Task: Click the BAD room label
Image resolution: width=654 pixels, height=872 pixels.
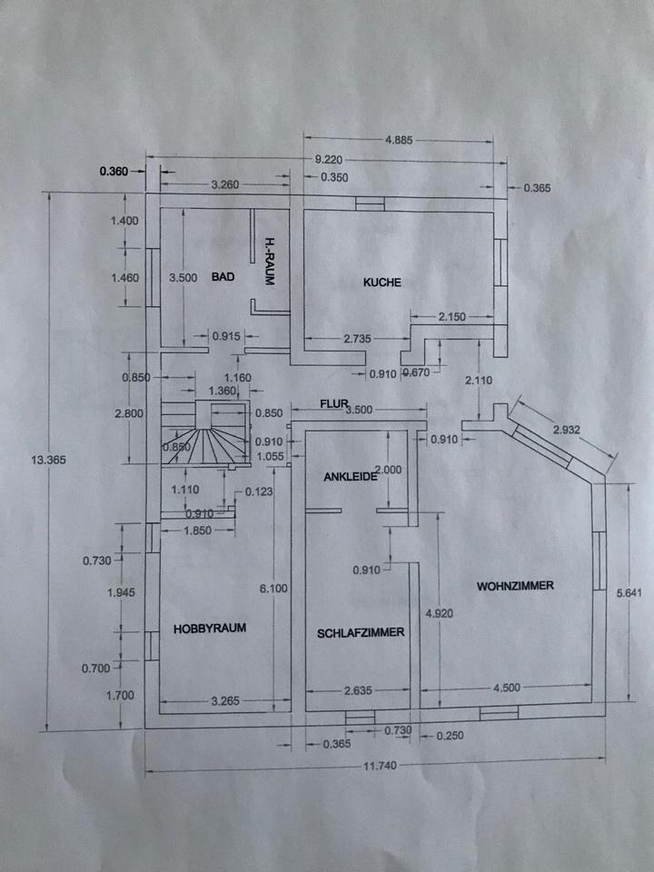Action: (x=223, y=276)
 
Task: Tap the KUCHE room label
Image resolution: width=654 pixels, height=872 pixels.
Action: (x=382, y=282)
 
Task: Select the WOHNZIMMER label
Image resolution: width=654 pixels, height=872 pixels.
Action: (x=515, y=586)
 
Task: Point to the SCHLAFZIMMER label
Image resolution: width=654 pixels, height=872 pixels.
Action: (x=361, y=633)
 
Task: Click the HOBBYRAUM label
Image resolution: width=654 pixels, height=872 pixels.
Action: (x=210, y=629)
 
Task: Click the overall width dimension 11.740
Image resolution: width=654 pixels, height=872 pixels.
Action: (x=381, y=766)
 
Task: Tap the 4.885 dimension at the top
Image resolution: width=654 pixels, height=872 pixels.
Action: (x=399, y=140)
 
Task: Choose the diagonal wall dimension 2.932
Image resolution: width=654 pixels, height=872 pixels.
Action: (x=566, y=430)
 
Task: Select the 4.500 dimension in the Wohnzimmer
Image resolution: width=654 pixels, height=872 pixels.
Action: (x=507, y=688)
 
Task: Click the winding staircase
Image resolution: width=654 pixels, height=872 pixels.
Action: (x=205, y=433)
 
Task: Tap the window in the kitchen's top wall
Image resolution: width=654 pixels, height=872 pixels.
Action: (x=370, y=204)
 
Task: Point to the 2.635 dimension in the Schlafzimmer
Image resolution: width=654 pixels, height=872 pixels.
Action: (x=357, y=690)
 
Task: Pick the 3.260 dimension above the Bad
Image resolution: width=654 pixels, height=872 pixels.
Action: (x=225, y=184)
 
